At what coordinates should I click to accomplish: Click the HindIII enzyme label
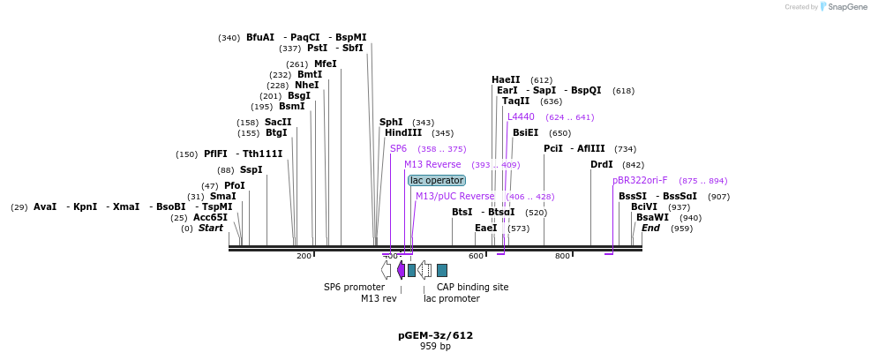pos(403,133)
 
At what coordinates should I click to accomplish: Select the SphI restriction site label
pos(391,123)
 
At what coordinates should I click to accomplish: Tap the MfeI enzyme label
pos(326,64)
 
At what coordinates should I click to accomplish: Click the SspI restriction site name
pos(252,169)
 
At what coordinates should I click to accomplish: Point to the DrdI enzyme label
pos(602,165)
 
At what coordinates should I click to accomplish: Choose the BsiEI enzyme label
pos(525,133)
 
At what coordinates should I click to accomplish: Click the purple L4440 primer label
pos(521,116)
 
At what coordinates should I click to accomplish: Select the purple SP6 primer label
pos(398,148)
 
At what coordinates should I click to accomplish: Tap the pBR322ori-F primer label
pos(640,180)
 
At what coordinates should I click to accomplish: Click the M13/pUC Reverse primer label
pos(454,196)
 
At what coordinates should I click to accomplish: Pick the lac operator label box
pos(436,180)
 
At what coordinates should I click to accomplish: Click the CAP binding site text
pos(472,287)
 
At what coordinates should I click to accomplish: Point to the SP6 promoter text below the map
pos(354,287)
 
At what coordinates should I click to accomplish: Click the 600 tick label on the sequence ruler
pos(477,256)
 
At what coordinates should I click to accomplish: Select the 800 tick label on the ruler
pos(562,256)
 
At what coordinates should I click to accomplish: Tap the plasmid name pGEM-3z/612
pos(435,335)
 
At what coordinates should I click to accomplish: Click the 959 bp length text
pos(435,346)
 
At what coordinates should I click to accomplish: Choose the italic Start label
pos(210,228)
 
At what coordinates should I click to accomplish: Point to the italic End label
pos(650,228)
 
